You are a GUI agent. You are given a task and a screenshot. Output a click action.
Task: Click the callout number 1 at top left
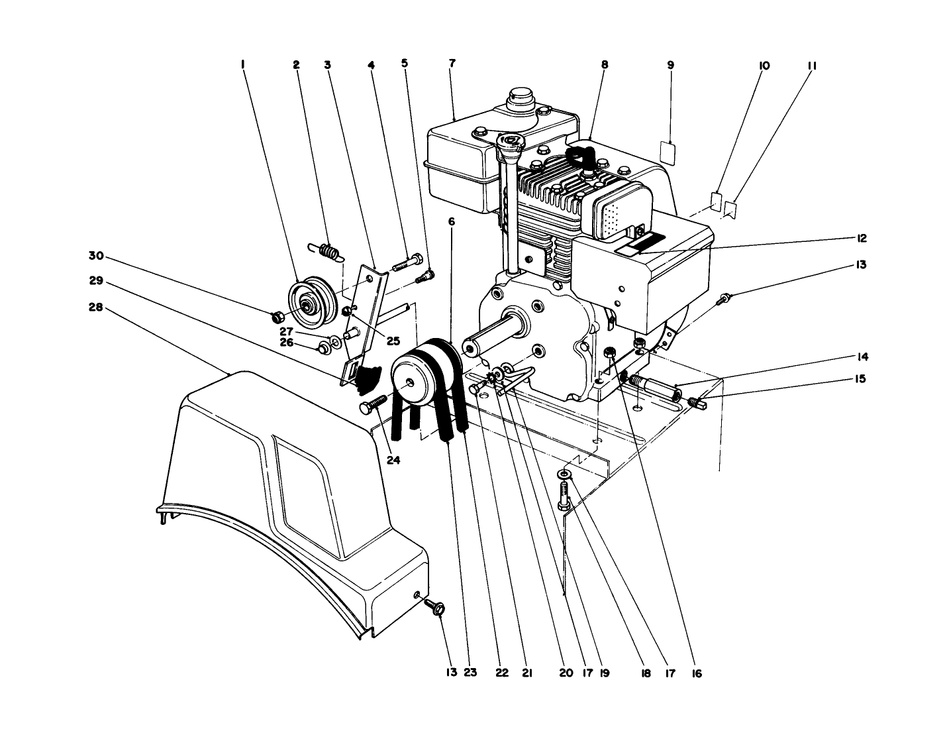[243, 65]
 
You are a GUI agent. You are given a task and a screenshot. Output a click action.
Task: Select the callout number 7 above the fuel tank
[452, 64]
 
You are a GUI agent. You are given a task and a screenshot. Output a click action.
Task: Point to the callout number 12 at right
[861, 239]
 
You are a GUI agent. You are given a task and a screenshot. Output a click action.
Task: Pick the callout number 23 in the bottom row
[470, 673]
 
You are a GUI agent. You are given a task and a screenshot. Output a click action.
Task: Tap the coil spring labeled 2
[326, 251]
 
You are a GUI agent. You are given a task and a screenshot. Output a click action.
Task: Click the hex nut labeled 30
[278, 316]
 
